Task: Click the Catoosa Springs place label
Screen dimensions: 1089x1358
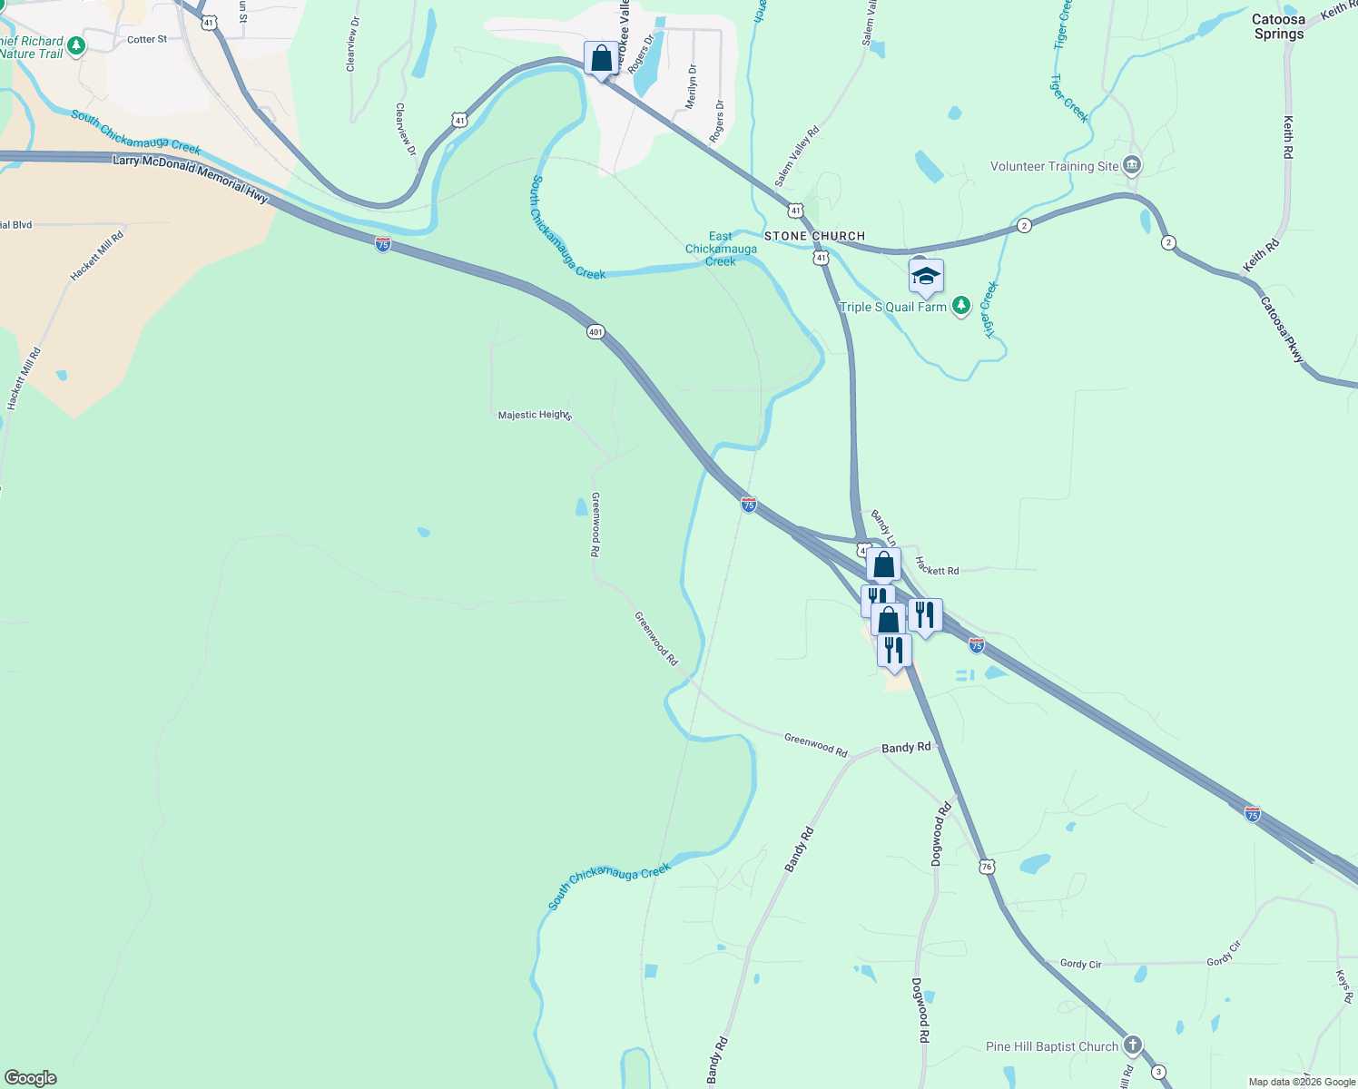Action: (1278, 26)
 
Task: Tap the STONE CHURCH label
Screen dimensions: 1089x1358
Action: (814, 236)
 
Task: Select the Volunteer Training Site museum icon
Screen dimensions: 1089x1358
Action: (1132, 165)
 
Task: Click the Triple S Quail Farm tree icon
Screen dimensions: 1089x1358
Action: (960, 307)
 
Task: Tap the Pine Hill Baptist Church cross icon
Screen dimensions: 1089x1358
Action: (1132, 1045)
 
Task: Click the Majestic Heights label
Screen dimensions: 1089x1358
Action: (535, 415)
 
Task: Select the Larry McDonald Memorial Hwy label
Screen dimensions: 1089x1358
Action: (191, 176)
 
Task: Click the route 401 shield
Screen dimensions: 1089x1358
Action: (595, 332)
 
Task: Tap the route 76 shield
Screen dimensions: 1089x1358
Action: (987, 867)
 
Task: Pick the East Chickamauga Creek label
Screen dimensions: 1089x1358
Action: (721, 249)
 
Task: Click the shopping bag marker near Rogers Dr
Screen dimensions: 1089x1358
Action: (601, 59)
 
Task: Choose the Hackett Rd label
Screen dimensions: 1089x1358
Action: (937, 566)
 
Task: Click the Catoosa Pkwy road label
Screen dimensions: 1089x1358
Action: (1282, 330)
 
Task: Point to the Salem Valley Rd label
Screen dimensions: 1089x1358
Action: (797, 156)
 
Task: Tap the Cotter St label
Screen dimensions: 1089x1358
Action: (147, 40)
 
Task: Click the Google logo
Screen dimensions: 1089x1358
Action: (30, 1078)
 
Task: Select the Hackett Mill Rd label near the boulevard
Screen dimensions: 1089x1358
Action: (97, 256)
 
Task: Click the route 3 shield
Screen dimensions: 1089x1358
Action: (1158, 1073)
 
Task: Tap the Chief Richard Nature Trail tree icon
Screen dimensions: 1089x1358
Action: (76, 45)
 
